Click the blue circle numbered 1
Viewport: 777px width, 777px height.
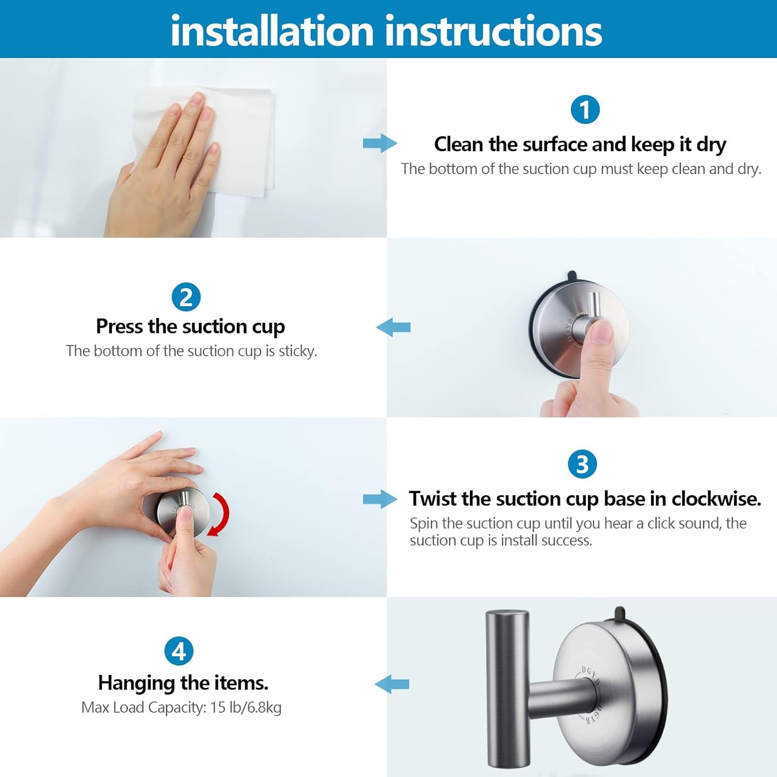click(x=585, y=110)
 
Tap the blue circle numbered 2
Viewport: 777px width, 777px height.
click(x=185, y=297)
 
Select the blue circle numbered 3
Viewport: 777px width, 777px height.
click(x=582, y=464)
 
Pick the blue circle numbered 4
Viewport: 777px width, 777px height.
click(x=179, y=651)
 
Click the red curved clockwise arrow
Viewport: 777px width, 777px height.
click(x=221, y=514)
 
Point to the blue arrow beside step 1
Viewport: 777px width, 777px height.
click(x=380, y=143)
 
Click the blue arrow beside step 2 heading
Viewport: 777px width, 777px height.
click(x=393, y=327)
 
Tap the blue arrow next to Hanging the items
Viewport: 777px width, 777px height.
click(x=392, y=684)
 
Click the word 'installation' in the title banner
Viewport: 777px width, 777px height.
click(x=272, y=31)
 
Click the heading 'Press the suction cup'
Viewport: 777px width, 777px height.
click(x=190, y=327)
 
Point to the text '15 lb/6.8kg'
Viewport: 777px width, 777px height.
click(x=246, y=708)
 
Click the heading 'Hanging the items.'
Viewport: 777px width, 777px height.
click(x=183, y=683)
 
